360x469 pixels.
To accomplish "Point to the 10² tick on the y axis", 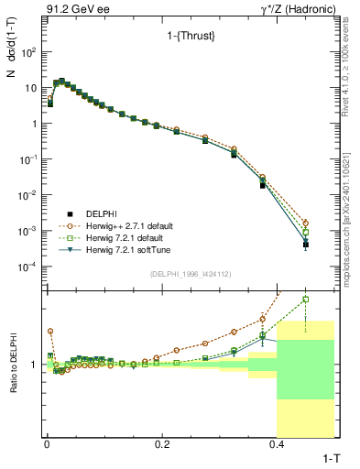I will pyautogui.click(x=28, y=52).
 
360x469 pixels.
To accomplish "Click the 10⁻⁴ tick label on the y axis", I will pyautogui.click(x=28, y=267).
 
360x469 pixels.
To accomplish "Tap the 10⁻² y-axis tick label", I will pyautogui.click(x=28, y=195).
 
